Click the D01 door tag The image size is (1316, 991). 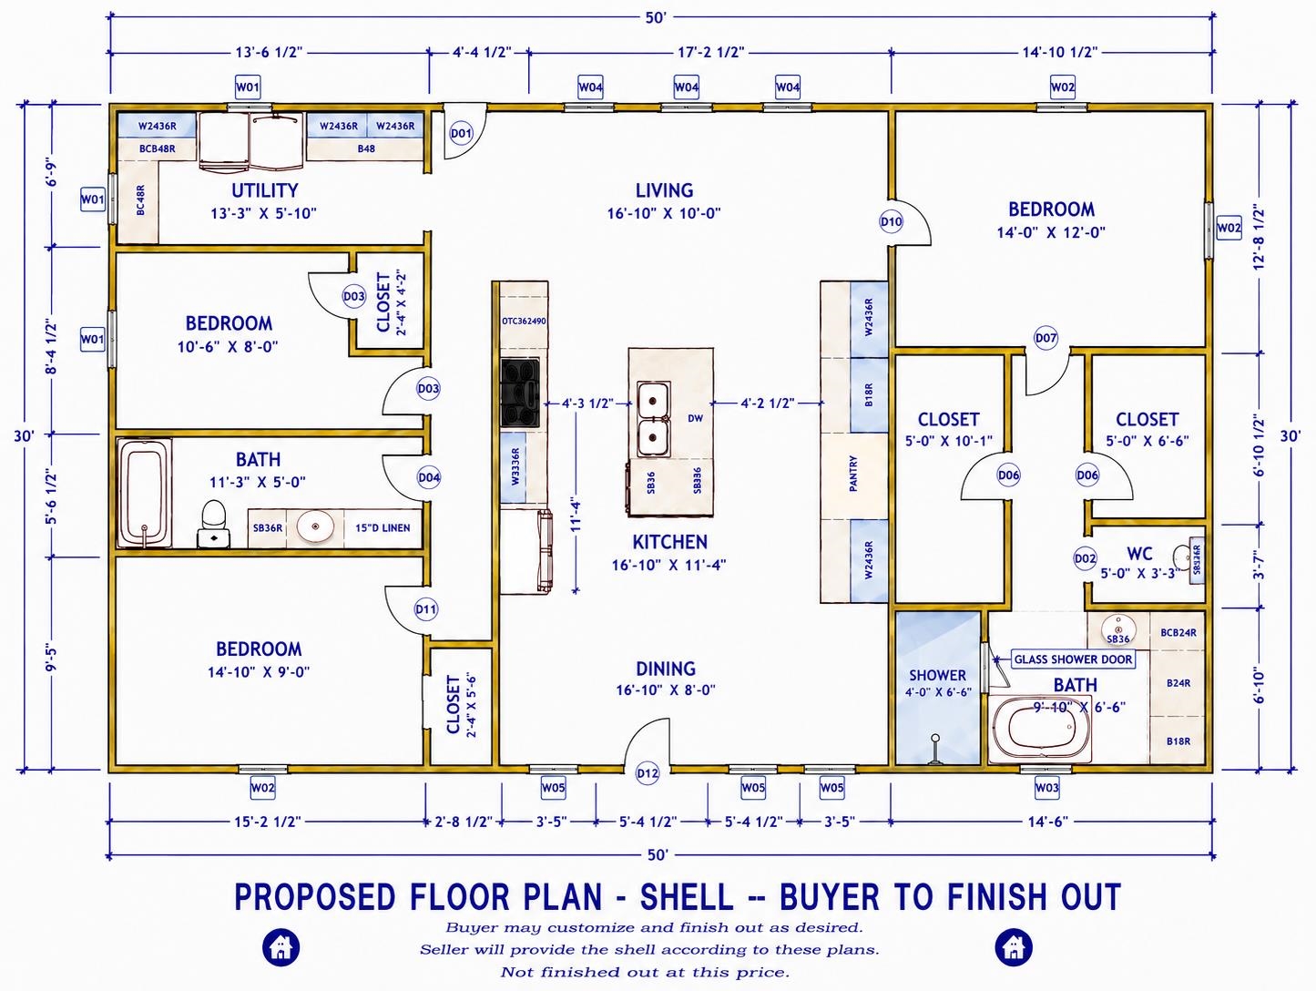point(461,133)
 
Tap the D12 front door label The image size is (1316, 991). point(648,773)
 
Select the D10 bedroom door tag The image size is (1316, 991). point(891,222)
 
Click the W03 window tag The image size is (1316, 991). point(1046,788)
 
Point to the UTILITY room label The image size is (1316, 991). point(264,190)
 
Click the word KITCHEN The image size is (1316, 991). point(669,542)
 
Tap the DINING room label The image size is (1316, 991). point(666,669)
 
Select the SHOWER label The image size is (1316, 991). point(938,676)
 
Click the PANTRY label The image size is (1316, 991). point(853,474)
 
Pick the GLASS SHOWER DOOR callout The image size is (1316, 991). point(1073,659)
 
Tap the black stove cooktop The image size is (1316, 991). point(520,393)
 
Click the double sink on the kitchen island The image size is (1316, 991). point(653,420)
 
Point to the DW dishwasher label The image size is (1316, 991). point(695,418)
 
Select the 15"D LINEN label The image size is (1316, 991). point(383,528)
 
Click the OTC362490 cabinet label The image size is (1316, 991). point(524,322)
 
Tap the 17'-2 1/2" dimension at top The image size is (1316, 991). point(711,53)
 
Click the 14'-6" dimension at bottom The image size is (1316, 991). point(1048,822)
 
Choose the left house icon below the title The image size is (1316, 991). point(281,947)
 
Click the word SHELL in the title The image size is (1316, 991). point(687,897)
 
